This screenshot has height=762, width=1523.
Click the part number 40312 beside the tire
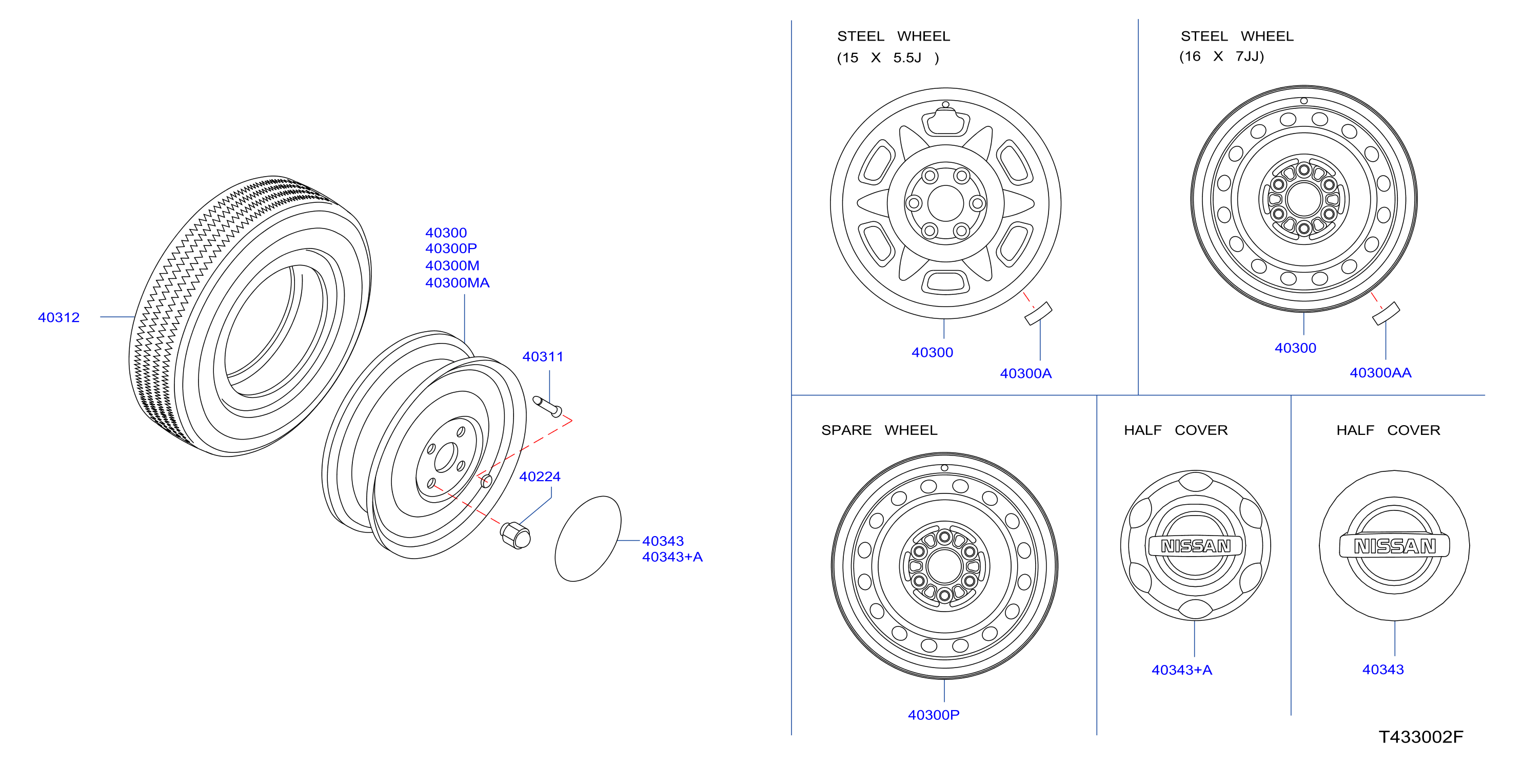58,318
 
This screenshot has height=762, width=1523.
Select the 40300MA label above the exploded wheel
457,283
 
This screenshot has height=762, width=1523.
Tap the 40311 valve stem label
543,357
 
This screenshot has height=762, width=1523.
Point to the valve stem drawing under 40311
547,407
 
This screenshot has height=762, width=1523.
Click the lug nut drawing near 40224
516,535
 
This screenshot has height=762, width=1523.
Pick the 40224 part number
540,477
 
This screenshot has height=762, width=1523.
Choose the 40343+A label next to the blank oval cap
672,557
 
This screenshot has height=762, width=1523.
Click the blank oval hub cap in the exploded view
588,538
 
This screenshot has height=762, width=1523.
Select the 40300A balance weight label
1026,373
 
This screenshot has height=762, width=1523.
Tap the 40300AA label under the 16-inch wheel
1380,373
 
